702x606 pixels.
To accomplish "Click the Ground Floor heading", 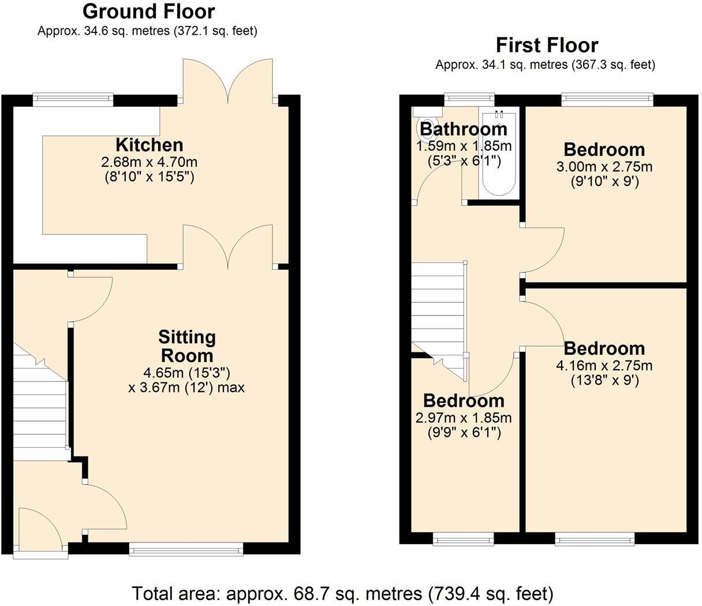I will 148,12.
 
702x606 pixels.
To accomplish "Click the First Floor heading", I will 547,45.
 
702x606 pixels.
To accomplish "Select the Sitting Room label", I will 186,345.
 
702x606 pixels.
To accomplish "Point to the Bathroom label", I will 463,129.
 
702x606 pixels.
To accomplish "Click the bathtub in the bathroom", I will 499,156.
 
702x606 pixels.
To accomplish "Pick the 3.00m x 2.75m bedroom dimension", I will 604,168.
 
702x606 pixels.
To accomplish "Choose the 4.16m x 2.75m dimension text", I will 604,366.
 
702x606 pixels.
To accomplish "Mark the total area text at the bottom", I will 343,593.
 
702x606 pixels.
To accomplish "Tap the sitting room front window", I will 186,549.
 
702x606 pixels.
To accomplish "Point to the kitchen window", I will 73,99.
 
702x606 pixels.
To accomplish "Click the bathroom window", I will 469,99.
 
